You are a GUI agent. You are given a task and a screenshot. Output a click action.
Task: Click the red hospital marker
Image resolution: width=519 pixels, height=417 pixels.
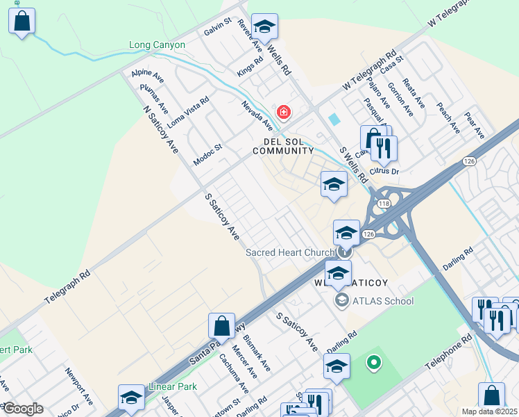point(283,112)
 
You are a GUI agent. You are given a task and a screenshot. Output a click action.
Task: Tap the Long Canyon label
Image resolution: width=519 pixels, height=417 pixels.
point(158,45)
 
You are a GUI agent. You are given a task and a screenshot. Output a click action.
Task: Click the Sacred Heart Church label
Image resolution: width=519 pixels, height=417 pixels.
point(290,252)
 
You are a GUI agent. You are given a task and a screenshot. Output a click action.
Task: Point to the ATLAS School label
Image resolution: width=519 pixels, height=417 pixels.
point(382,301)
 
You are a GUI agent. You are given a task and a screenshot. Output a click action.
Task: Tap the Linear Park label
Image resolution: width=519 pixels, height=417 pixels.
point(173,386)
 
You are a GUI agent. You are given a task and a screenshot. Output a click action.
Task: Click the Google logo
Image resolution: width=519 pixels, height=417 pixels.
point(22,409)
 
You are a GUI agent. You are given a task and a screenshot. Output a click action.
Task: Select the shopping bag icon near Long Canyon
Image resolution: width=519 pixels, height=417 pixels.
point(22,22)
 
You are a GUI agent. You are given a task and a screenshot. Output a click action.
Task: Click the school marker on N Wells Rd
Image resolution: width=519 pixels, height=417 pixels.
point(264,27)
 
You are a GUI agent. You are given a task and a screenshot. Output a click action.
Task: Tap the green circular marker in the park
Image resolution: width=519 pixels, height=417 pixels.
point(373,361)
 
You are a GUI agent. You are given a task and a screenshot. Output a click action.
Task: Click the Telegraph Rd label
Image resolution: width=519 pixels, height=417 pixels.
point(67,286)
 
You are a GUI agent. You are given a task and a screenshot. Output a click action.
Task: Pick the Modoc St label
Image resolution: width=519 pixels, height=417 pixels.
point(207,152)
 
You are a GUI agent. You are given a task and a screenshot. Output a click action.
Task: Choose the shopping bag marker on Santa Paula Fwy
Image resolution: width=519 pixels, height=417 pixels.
point(221,326)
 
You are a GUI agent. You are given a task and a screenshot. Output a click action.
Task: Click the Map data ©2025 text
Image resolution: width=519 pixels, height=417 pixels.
point(488,411)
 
